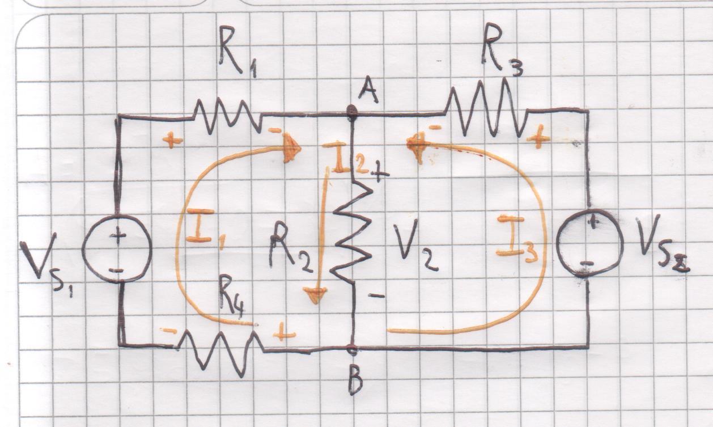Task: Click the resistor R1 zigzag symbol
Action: tap(228, 116)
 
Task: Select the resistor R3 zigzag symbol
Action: tap(485, 108)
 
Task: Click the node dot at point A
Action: tap(353, 111)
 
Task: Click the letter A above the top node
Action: tap(368, 90)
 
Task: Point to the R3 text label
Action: tap(502, 51)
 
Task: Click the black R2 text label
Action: tap(290, 248)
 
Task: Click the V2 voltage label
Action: tap(415, 244)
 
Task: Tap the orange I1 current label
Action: tap(203, 226)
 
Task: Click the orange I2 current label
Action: tap(347, 158)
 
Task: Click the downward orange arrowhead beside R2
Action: tap(315, 295)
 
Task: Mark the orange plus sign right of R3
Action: tap(538, 138)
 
